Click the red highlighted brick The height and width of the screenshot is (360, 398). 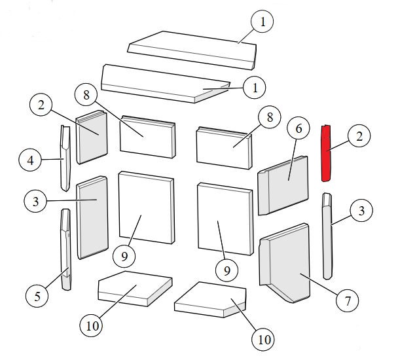pyautogui.click(x=326, y=153)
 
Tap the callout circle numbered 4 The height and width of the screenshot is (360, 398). pyautogui.click(x=30, y=160)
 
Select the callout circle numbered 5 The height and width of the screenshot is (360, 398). pyautogui.click(x=37, y=296)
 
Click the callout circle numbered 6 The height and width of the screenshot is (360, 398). pyautogui.click(x=298, y=128)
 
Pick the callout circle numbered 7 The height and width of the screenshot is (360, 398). pyautogui.click(x=348, y=301)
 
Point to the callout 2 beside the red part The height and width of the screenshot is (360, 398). pyautogui.click(x=359, y=136)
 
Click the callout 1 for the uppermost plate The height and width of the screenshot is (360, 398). pyautogui.click(x=262, y=22)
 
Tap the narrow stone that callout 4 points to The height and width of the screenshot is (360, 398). pyautogui.click(x=65, y=158)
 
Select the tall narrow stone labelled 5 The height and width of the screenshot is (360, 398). pyautogui.click(x=66, y=249)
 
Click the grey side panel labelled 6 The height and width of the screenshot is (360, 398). pyautogui.click(x=283, y=185)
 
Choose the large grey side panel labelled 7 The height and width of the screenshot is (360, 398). pyautogui.click(x=285, y=263)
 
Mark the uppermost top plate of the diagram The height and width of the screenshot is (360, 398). pyautogui.click(x=192, y=50)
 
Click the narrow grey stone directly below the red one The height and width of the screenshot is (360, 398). pyautogui.click(x=327, y=236)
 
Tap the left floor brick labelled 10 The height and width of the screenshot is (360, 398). pyautogui.click(x=135, y=289)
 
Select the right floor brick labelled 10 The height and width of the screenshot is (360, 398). pyautogui.click(x=210, y=300)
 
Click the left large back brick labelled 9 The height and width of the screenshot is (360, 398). pyautogui.click(x=147, y=207)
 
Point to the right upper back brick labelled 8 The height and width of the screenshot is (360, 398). pyautogui.click(x=225, y=148)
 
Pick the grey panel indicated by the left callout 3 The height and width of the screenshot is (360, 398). pyautogui.click(x=92, y=217)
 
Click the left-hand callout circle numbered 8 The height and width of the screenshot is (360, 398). pyautogui.click(x=86, y=95)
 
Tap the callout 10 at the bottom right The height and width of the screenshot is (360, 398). pyautogui.click(x=263, y=340)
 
